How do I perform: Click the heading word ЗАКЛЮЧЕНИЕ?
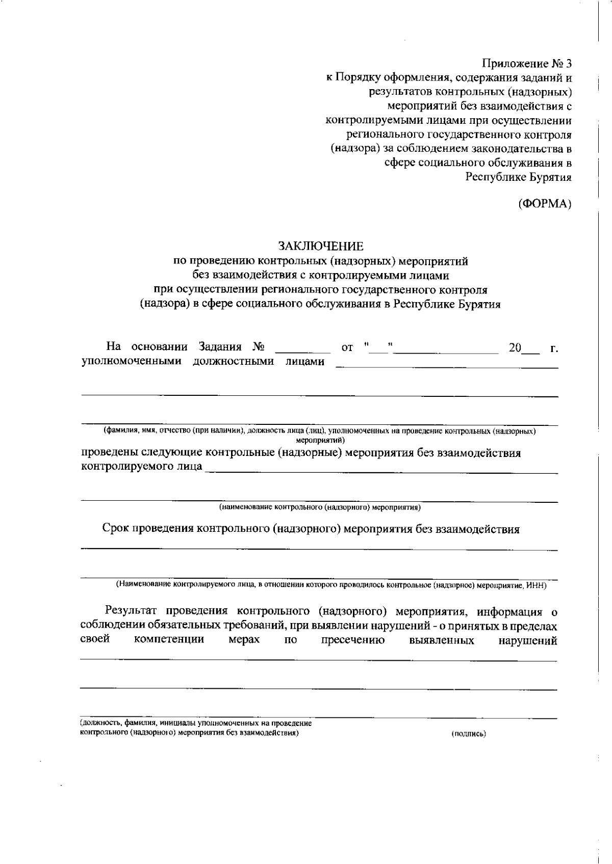pos(321,247)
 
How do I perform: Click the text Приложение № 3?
pos(527,64)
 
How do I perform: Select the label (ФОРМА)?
pos(544,204)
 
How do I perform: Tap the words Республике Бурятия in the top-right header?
pos(518,177)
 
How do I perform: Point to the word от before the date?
pos(347,348)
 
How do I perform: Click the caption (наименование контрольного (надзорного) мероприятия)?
pos(320,507)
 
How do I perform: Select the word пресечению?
pos(353,641)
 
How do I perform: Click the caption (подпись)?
pos(468,734)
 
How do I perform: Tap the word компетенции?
pos(169,640)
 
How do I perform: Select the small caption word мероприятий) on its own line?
pos(320,439)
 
